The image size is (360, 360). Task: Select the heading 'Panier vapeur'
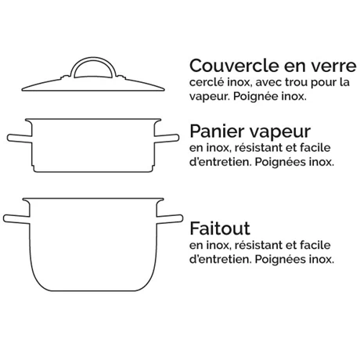click(243, 129)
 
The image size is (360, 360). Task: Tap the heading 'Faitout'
click(220, 229)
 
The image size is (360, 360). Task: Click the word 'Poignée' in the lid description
click(255, 98)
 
